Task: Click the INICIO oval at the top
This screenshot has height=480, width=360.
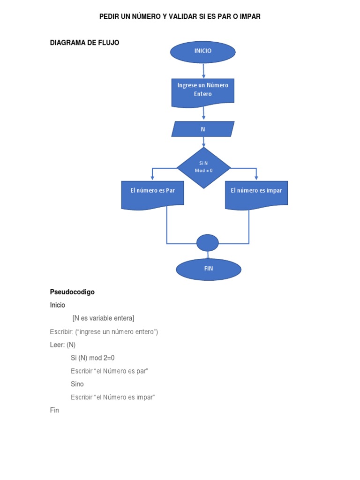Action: pyautogui.click(x=203, y=52)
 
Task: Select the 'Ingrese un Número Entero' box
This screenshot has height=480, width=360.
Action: pyautogui.click(x=203, y=91)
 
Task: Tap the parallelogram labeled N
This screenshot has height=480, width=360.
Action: pyautogui.click(x=203, y=129)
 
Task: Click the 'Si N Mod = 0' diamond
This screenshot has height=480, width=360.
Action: pyautogui.click(x=203, y=167)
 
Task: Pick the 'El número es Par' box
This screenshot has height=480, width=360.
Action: pyautogui.click(x=152, y=193)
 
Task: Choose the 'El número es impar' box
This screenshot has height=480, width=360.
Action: pyautogui.click(x=256, y=193)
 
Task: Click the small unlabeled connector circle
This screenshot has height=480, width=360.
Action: pyautogui.click(x=208, y=243)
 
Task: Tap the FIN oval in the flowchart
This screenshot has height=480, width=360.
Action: pyautogui.click(x=209, y=269)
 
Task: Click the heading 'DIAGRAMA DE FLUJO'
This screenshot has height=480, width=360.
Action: pyautogui.click(x=85, y=43)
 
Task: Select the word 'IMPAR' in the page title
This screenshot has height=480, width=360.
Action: pyautogui.click(x=249, y=16)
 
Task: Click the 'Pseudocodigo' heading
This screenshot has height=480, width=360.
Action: pyautogui.click(x=72, y=292)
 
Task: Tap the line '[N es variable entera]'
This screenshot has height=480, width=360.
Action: pyautogui.click(x=103, y=318)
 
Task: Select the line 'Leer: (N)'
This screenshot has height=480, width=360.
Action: pyautogui.click(x=63, y=345)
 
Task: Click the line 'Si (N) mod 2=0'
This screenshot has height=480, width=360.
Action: pyautogui.click(x=93, y=358)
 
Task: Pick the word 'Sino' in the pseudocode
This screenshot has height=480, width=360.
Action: pyautogui.click(x=77, y=384)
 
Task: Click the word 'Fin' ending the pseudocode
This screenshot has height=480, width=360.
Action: pyautogui.click(x=55, y=410)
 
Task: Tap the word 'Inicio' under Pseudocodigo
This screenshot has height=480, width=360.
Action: pyautogui.click(x=58, y=305)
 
